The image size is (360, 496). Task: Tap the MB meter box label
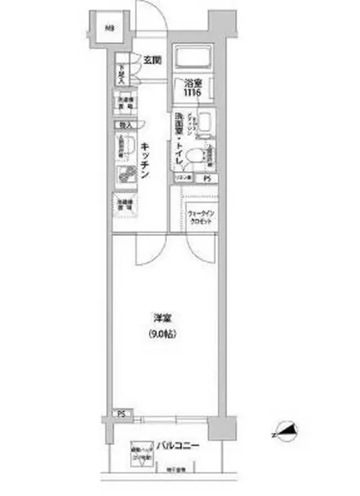pyautogui.click(x=108, y=28)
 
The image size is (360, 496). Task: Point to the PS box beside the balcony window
pyautogui.click(x=122, y=414)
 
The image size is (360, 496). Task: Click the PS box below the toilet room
pyautogui.click(x=208, y=179)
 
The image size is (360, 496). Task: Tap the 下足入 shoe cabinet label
pyautogui.click(x=122, y=71)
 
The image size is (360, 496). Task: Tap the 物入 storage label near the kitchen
pyautogui.click(x=125, y=125)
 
